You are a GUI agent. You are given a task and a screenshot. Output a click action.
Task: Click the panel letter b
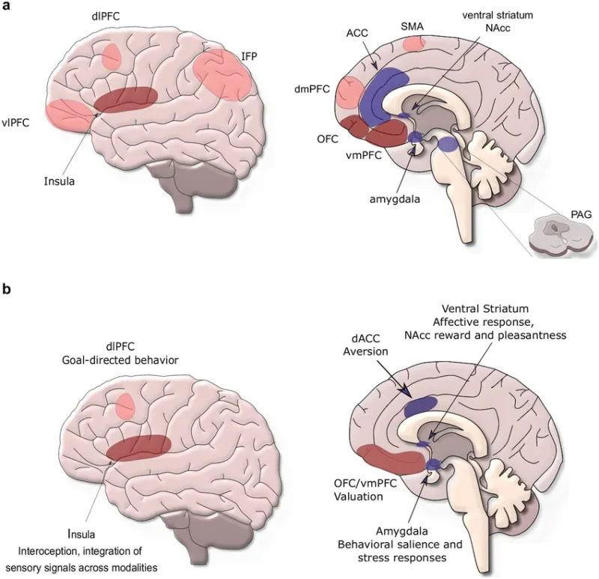click(7, 288)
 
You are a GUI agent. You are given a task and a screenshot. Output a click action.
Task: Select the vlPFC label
click(16, 123)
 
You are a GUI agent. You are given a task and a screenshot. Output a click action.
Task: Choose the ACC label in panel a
click(359, 34)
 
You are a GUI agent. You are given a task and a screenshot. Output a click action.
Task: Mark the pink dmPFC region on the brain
click(348, 94)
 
